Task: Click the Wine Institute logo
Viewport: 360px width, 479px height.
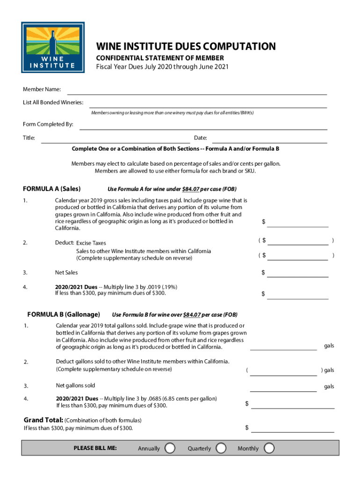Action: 53,47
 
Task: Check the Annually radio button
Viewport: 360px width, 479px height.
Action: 170,448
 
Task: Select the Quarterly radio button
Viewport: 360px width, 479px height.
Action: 222,448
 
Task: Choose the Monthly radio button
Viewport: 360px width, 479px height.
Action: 269,448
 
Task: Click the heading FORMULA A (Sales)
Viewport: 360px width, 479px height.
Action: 52,189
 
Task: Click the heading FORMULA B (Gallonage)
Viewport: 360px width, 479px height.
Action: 64,314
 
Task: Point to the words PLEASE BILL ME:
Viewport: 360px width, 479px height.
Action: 95,448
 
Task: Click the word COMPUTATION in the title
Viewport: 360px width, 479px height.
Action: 238,47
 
